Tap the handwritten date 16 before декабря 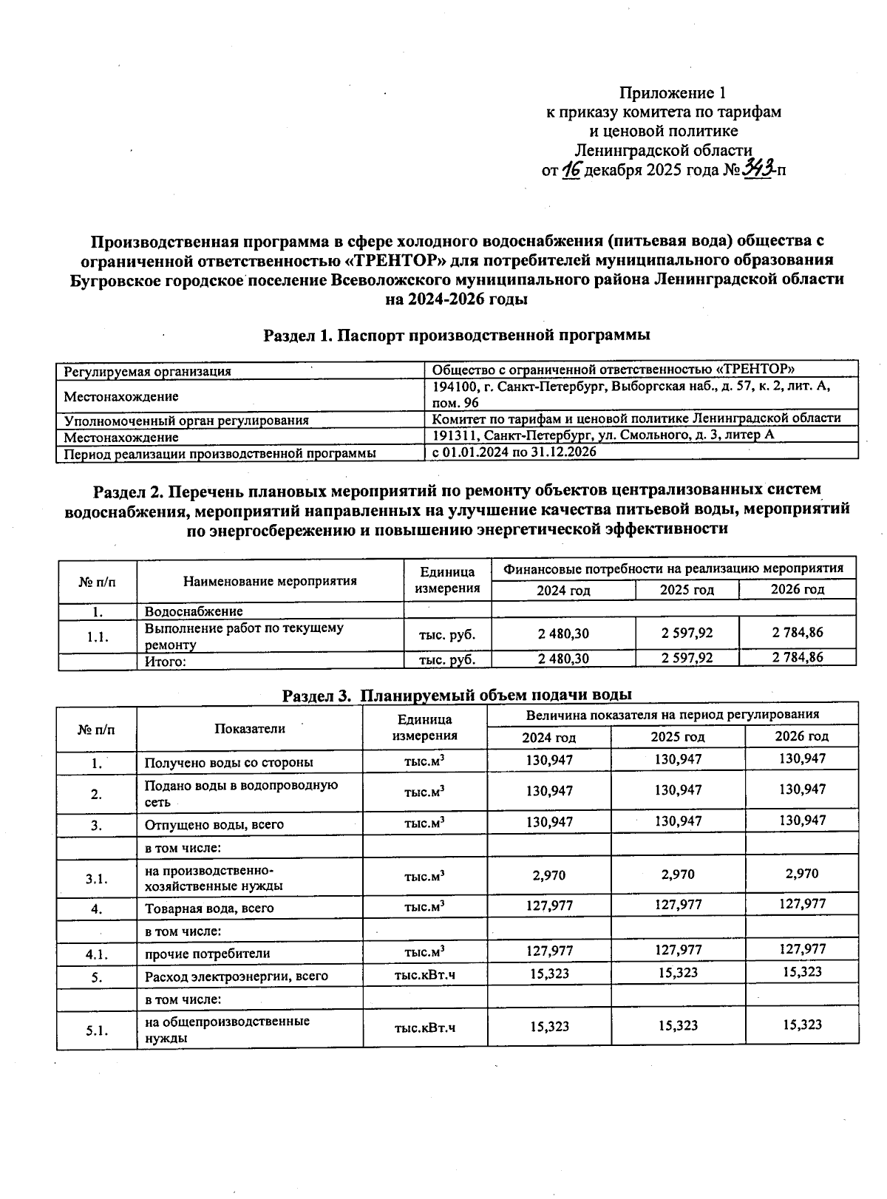(x=571, y=170)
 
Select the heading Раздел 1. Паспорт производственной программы (x=457, y=335)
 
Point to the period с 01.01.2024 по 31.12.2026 (x=514, y=451)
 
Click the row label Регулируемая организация (x=147, y=371)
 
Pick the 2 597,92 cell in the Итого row (x=687, y=658)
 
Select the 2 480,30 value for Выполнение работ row (x=563, y=634)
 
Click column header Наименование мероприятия (x=270, y=581)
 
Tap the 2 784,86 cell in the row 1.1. (x=798, y=633)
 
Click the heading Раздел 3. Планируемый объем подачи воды (x=457, y=695)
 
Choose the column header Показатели (x=250, y=729)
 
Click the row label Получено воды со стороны (x=228, y=762)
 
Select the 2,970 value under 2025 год (x=678, y=874)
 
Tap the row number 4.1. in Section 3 (x=97, y=954)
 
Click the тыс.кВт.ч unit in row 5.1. (x=425, y=1028)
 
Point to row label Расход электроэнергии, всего (x=236, y=976)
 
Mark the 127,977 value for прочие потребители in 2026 (x=802, y=949)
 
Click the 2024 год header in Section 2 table (x=563, y=590)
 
